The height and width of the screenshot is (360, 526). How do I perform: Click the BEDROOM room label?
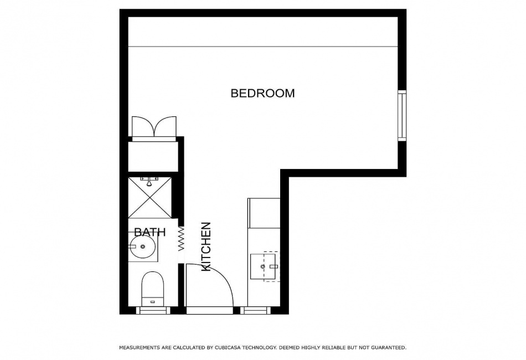point(262,93)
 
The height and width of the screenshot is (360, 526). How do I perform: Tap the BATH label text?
point(149,232)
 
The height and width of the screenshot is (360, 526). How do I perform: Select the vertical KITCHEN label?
point(206,246)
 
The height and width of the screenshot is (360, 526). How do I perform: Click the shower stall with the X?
point(149,197)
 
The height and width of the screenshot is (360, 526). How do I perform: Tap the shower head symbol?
point(149,181)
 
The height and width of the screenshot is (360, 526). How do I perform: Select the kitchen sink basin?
point(263,267)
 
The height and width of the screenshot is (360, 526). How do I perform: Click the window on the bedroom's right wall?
point(402,115)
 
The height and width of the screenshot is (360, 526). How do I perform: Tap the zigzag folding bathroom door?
point(181,239)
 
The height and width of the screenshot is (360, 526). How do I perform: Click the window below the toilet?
point(153,310)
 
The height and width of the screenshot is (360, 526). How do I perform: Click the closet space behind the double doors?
point(153,156)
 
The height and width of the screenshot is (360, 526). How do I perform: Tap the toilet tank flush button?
point(153,302)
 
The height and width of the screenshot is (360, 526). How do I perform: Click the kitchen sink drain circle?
point(262,267)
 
